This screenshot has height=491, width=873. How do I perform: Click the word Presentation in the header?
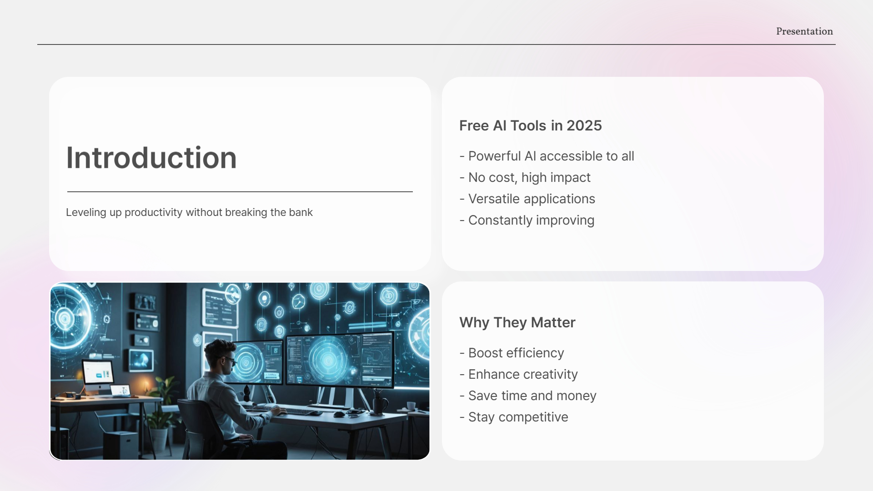coord(804,31)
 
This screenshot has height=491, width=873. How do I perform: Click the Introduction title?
coord(151,158)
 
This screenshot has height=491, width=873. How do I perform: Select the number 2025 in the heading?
coord(584,125)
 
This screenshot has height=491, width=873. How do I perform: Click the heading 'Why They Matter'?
coord(517,322)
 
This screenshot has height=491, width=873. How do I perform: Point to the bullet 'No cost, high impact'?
coord(529,177)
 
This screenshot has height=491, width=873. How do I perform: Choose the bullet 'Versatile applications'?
coord(532,199)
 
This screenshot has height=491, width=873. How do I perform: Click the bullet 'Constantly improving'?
coord(531,220)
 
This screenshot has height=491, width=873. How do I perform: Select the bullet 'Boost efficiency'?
coord(516,353)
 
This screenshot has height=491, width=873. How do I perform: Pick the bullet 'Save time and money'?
coord(532,396)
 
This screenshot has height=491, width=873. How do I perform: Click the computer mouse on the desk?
coord(339,414)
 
